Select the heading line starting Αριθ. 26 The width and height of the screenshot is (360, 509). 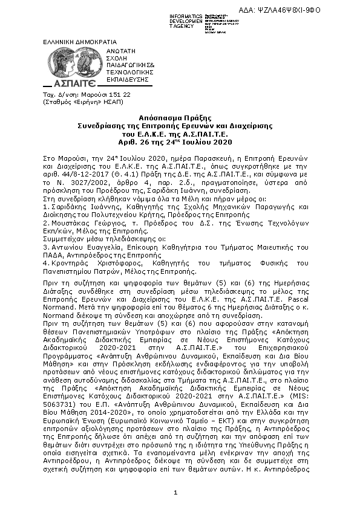point(180,142)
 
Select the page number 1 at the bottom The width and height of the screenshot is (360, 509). point(175,493)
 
